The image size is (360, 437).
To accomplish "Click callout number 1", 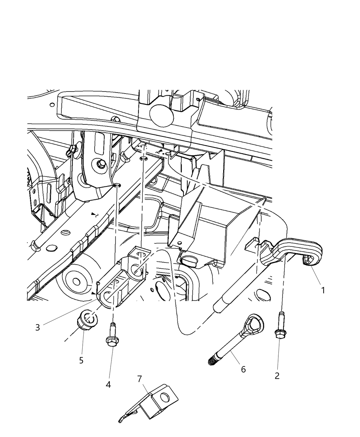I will click(x=323, y=290).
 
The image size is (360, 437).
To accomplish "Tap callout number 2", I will click(x=277, y=376).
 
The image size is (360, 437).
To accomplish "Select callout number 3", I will click(x=38, y=327).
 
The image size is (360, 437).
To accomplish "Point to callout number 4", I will click(x=108, y=385).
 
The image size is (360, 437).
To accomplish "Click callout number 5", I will click(x=81, y=360).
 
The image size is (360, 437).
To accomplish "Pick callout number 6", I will click(x=243, y=369).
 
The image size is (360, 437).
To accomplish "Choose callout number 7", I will click(x=139, y=379).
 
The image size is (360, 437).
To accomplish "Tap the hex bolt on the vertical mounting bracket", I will click(x=100, y=164).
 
